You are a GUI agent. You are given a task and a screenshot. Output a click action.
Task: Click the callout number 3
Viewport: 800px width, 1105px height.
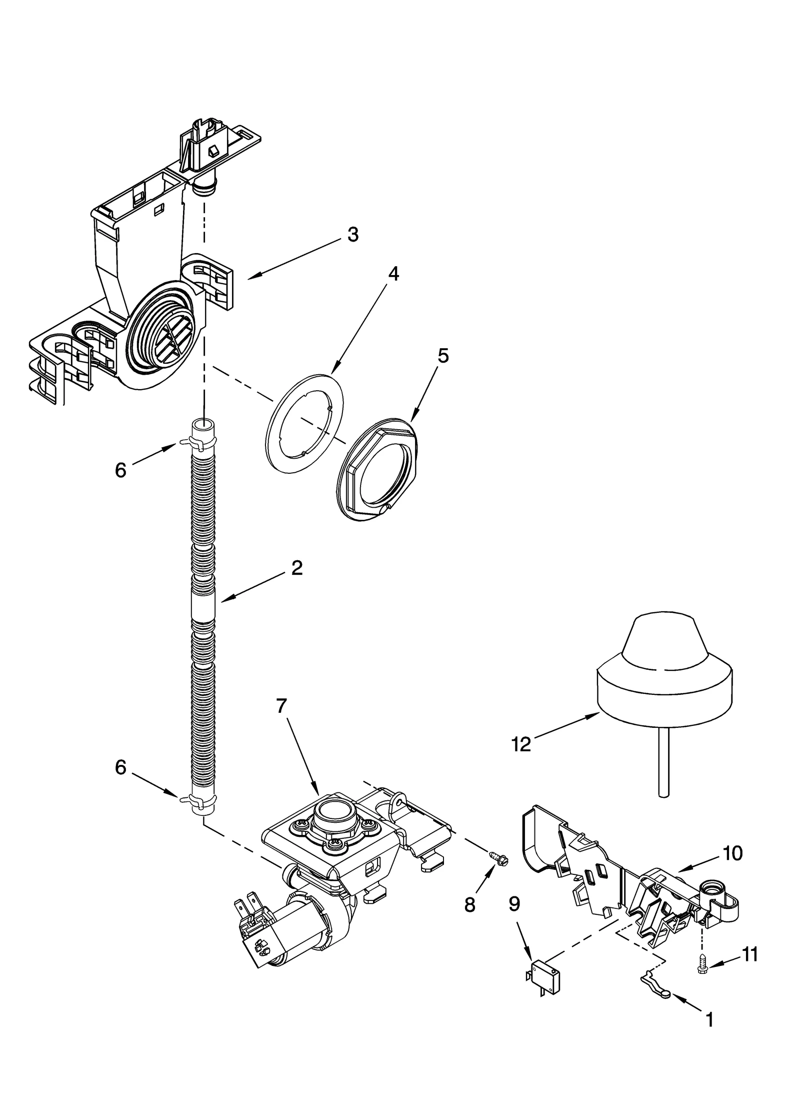[353, 235]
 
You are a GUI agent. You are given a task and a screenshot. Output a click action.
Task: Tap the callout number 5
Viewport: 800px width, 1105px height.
[443, 356]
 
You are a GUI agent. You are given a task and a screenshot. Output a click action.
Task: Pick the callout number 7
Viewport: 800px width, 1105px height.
[281, 706]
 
